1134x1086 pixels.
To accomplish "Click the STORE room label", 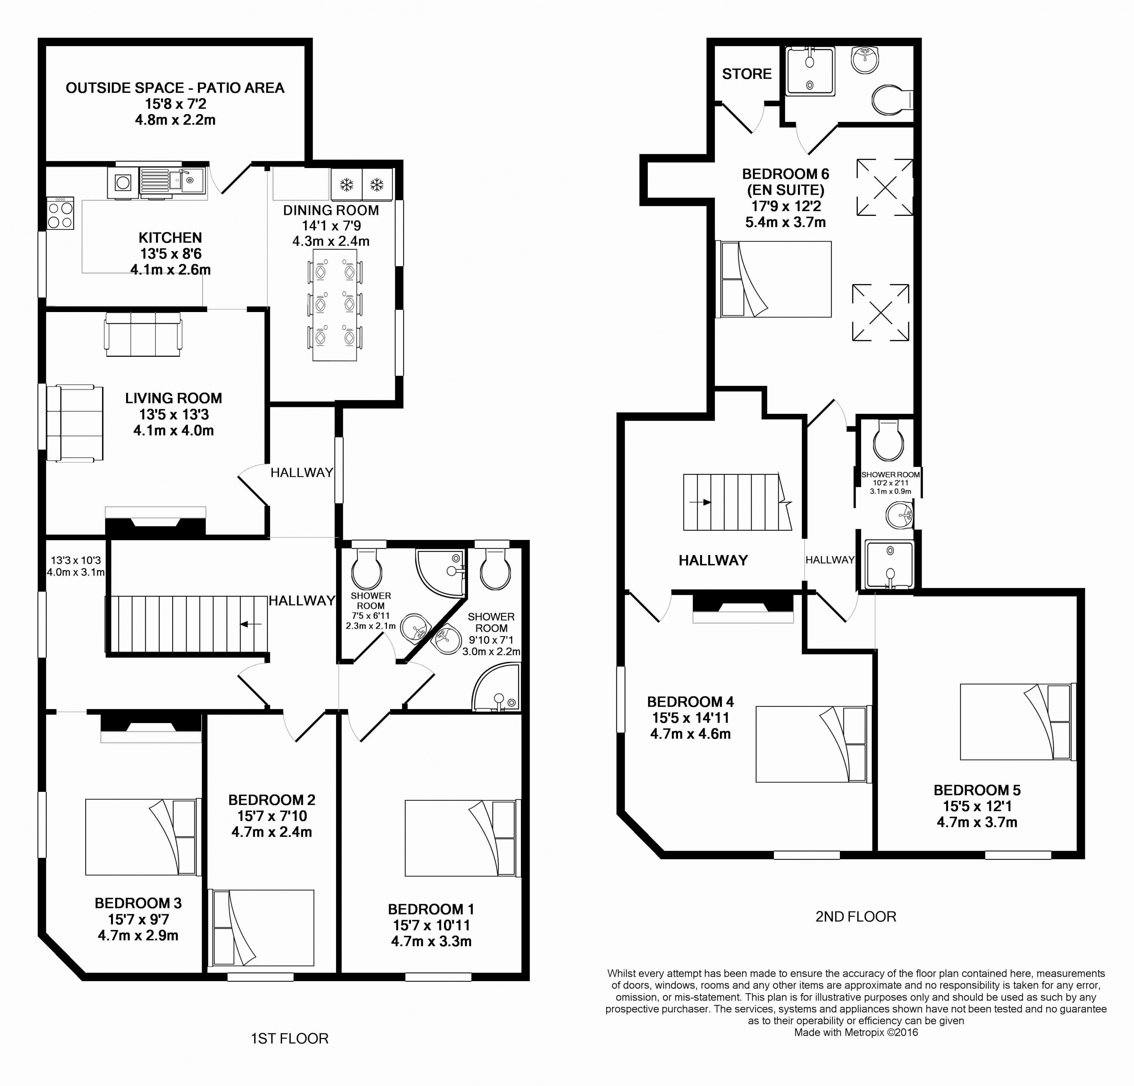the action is coord(746,74).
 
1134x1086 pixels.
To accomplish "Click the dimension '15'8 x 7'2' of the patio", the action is coord(175,104).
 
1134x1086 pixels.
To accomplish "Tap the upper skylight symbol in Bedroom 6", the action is coord(885,187).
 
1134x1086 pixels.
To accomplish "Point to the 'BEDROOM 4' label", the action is coord(690,702).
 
